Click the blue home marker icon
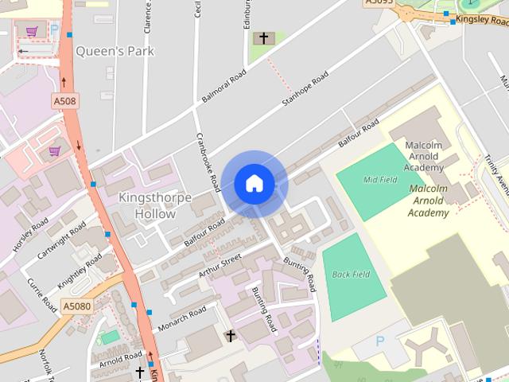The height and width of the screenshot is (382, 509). [x=254, y=184]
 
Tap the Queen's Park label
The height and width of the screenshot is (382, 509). [x=115, y=51]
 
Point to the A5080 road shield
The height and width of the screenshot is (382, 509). [x=76, y=306]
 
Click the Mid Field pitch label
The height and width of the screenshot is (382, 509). [x=380, y=180]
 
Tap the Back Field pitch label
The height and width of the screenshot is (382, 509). [x=351, y=275]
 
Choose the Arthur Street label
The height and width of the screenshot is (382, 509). [x=220, y=267]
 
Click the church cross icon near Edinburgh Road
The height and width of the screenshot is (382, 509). [x=261, y=38]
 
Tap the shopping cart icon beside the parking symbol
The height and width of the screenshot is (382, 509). [x=32, y=32]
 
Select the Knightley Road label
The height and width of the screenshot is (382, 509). [x=81, y=271]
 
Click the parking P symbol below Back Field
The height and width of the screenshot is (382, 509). [x=379, y=341]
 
